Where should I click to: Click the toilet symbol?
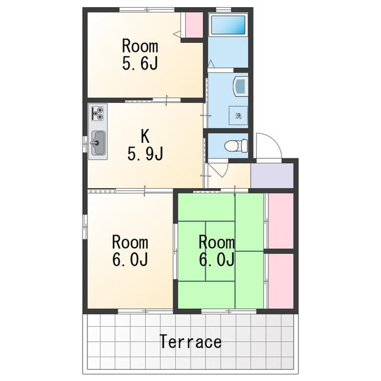[236, 146]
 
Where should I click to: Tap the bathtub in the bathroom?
[228, 25]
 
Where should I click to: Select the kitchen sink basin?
[98, 143]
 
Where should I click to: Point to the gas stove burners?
[98, 113]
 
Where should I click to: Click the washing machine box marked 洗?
[238, 115]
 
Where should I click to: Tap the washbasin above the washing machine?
[241, 86]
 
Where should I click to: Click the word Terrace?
[190, 341]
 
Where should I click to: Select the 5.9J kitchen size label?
[145, 154]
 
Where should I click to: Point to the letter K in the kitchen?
[145, 136]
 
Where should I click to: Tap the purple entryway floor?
[273, 175]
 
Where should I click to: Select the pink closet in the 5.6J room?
[194, 25]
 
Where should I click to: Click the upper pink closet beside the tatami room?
[281, 221]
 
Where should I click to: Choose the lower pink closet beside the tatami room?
[281, 281]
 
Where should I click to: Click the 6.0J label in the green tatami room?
[217, 260]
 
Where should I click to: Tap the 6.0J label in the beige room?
[130, 260]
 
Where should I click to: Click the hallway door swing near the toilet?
[218, 170]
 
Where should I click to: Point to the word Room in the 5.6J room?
[140, 46]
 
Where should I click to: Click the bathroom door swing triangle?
[211, 64]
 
